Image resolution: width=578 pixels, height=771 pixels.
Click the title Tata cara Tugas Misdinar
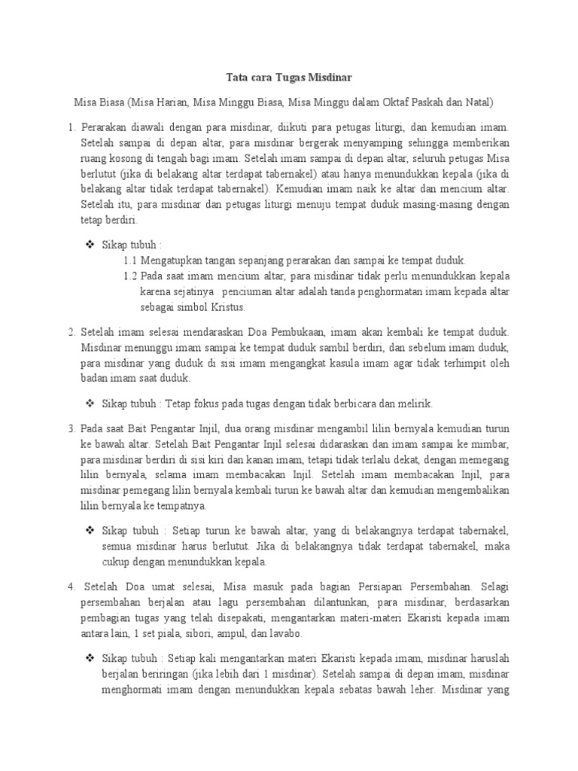pos(290,77)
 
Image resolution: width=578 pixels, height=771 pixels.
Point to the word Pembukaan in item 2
pos(309,331)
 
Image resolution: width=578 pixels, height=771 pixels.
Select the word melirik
pos(415,403)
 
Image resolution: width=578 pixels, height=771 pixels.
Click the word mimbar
pos(492,445)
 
